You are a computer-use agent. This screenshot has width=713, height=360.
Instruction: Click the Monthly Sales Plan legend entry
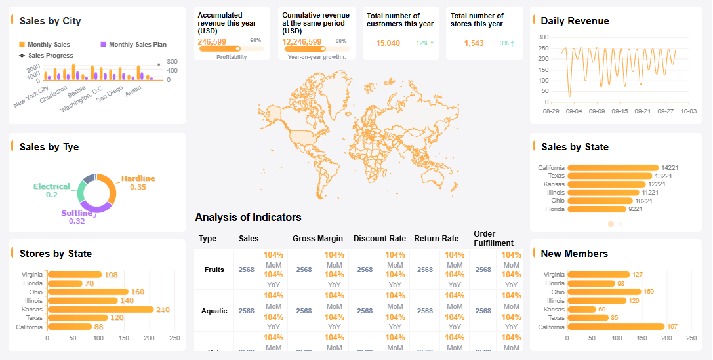tap(133, 45)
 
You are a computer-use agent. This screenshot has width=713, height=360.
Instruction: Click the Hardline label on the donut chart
tap(138, 178)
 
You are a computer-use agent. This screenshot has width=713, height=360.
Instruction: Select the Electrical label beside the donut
tap(52, 186)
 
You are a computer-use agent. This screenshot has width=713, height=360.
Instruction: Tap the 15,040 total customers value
tap(388, 43)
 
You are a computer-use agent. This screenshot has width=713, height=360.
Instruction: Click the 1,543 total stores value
tap(474, 43)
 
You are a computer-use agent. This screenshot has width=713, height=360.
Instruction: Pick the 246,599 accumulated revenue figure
tap(212, 41)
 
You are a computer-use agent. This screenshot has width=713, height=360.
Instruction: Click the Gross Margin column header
tap(317, 239)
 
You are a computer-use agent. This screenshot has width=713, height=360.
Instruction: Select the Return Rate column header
tap(436, 239)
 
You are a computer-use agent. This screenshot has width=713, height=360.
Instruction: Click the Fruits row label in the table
tap(214, 270)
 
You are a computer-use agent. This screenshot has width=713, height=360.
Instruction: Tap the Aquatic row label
tap(214, 311)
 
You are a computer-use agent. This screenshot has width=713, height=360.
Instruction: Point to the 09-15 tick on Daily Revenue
tap(620, 111)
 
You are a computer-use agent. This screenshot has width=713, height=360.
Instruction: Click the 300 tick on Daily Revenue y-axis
tap(543, 37)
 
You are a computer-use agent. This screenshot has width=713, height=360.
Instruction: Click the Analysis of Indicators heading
tap(248, 217)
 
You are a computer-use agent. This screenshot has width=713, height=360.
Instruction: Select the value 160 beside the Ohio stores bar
tap(137, 292)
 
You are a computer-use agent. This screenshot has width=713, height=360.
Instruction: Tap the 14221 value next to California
tap(670, 168)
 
